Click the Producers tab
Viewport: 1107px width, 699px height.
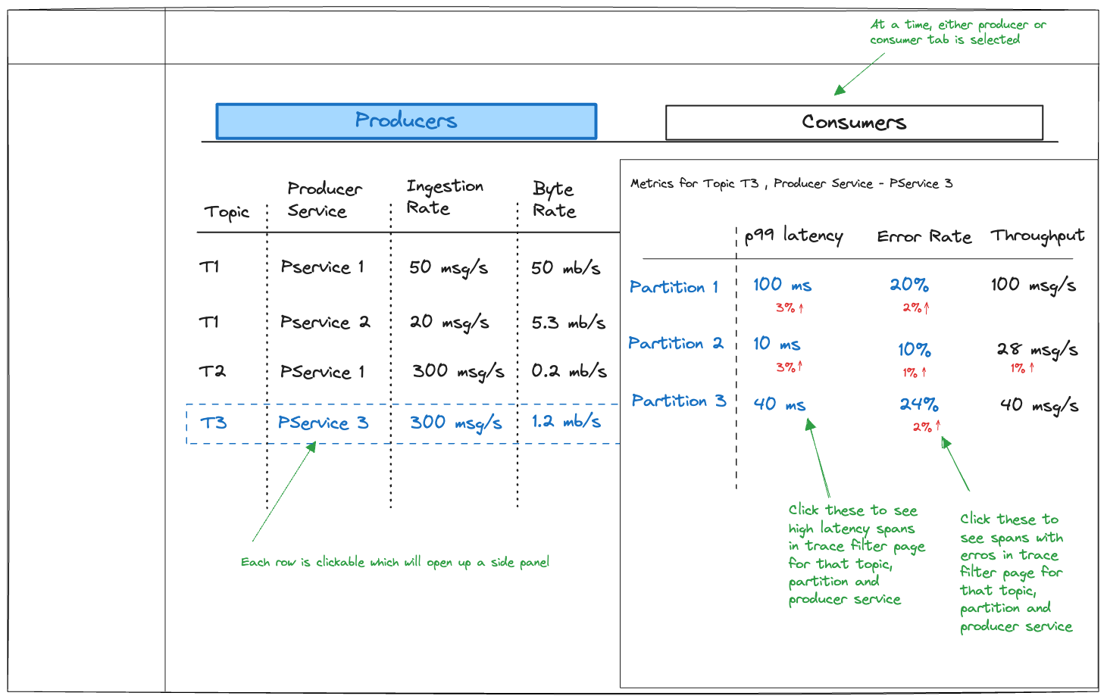(x=406, y=121)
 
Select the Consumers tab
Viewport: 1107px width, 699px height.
(x=854, y=123)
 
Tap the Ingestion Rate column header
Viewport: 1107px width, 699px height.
(x=445, y=197)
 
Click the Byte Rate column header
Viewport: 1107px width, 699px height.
(x=554, y=199)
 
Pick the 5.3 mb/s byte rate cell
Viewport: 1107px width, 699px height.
(x=568, y=323)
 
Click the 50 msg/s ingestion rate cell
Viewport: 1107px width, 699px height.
(x=449, y=268)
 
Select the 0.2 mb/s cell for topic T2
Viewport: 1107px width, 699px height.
(x=569, y=370)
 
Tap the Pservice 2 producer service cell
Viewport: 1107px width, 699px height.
(x=325, y=322)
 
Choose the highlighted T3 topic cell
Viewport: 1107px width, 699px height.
(x=214, y=423)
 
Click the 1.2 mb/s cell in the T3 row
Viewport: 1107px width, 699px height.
(x=566, y=421)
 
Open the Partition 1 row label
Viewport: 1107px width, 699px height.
(x=674, y=287)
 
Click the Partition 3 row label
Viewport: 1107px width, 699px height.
(x=679, y=401)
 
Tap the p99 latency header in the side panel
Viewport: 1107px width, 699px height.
(x=793, y=236)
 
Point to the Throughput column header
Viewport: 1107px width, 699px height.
(x=1037, y=236)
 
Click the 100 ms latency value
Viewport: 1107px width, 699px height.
(x=782, y=285)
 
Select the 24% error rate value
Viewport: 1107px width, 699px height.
(x=918, y=404)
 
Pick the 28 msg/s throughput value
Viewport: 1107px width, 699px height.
(x=1037, y=349)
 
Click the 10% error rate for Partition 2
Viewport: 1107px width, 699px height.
(x=915, y=350)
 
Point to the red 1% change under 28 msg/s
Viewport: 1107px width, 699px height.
(x=1022, y=368)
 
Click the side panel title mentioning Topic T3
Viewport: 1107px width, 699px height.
(x=791, y=184)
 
